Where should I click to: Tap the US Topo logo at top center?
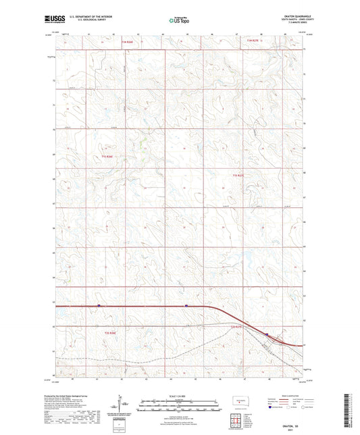point(178,21)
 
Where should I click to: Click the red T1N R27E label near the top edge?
point(253,42)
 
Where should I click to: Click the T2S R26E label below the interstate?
point(110,333)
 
